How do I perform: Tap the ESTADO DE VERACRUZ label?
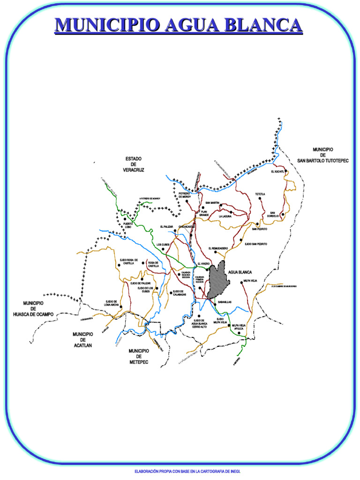134,164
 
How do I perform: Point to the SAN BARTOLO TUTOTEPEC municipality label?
323,155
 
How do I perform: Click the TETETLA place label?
260,194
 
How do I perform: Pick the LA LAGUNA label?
226,217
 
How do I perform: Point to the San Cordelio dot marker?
283,214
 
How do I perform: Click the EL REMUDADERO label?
218,248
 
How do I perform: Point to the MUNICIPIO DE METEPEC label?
139,356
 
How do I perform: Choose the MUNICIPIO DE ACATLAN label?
82,340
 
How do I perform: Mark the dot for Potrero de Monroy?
187,201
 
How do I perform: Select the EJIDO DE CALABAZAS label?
180,293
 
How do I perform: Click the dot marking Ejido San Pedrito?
241,240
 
